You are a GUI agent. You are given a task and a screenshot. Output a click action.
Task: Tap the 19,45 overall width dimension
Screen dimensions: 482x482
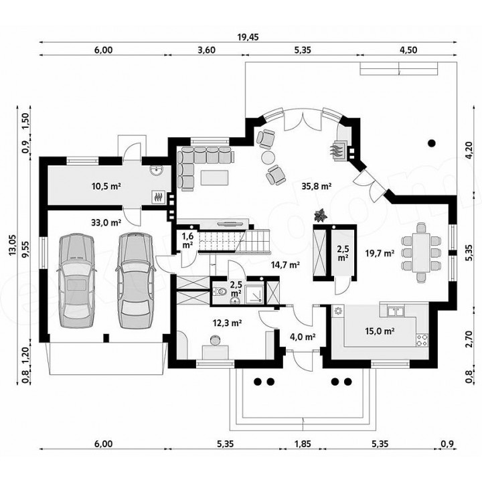point(248,37)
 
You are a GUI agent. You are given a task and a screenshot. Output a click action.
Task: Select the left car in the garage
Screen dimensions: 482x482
point(76,281)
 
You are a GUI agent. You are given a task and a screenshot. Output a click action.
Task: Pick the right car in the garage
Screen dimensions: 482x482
point(135,280)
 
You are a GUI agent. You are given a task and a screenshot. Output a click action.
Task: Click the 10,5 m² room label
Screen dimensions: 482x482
point(106,186)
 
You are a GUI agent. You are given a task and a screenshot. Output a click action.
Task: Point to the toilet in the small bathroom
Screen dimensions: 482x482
point(219,291)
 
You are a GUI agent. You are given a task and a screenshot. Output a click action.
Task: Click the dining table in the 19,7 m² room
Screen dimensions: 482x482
point(421,252)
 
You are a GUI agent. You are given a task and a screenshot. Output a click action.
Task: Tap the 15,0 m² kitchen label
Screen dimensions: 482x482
point(380,331)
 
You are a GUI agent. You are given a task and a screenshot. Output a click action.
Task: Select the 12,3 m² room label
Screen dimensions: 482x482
point(227,323)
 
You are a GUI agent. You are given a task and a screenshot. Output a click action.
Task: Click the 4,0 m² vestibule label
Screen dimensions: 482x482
point(303,337)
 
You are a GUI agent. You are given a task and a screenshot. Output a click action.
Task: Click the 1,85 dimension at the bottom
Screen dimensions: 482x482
point(303,444)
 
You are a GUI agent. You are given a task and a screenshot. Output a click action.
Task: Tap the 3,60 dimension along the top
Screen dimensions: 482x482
point(207,50)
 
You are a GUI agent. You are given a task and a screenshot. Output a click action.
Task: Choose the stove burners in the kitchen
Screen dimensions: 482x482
point(422,340)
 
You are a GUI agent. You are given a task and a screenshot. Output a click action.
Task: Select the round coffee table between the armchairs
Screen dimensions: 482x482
point(268,157)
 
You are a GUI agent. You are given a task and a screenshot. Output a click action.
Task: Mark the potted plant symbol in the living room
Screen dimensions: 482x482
point(321,215)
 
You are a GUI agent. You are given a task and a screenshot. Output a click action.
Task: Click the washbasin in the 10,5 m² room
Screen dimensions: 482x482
point(157,171)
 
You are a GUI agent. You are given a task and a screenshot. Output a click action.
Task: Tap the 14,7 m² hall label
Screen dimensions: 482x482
point(285,264)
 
